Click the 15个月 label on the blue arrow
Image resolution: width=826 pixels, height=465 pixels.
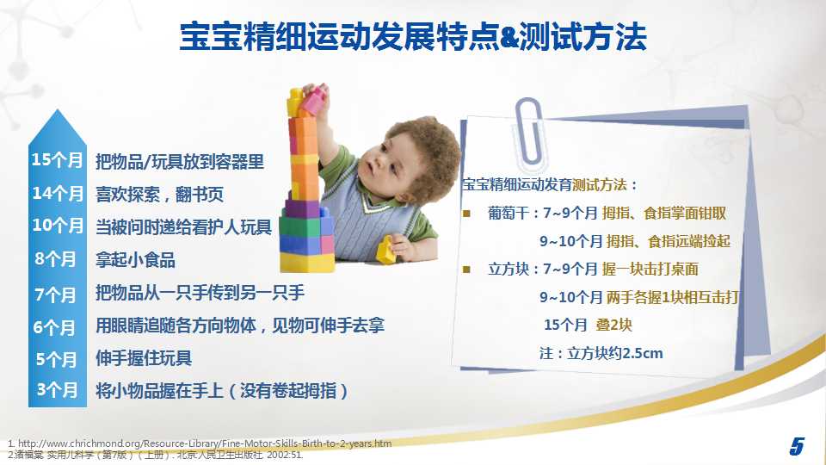57,160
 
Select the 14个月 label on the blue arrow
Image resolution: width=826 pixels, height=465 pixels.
58,193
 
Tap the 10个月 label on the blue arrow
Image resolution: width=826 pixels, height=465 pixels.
58,226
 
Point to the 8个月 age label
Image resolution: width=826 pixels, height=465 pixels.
55,259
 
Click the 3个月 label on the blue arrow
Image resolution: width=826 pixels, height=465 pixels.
57,390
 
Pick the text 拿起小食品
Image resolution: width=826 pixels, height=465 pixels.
135,260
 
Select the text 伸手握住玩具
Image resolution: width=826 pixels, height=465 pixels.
144,358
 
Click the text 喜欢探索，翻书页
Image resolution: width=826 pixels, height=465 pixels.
159,195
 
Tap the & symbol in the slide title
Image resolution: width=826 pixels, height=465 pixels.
509,37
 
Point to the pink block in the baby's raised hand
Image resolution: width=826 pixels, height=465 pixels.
315,100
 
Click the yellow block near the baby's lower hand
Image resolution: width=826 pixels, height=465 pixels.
385,251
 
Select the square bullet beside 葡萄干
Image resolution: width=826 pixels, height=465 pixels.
466,214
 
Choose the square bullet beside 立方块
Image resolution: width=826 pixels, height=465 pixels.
466,270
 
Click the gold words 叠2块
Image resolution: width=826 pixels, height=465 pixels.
613,325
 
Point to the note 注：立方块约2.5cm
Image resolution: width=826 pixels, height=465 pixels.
601,353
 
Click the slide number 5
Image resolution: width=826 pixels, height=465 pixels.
797,446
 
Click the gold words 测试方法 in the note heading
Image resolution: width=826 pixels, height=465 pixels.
600,185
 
